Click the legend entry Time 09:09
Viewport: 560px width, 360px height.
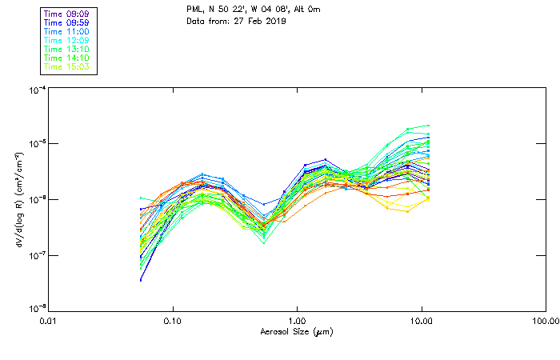click(x=66, y=14)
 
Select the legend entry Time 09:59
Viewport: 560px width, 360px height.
click(x=66, y=22)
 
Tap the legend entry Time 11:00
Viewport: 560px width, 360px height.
click(x=66, y=31)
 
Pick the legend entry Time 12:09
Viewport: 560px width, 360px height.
click(x=66, y=40)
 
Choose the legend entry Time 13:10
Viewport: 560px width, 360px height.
click(x=66, y=49)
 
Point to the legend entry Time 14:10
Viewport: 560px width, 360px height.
click(x=66, y=58)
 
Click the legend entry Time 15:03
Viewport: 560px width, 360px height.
click(x=66, y=66)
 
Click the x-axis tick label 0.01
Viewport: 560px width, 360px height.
click(x=49, y=321)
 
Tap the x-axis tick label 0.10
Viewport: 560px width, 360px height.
click(x=173, y=321)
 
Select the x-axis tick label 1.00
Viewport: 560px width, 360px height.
click(x=297, y=321)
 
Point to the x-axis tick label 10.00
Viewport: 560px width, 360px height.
click(x=421, y=321)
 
